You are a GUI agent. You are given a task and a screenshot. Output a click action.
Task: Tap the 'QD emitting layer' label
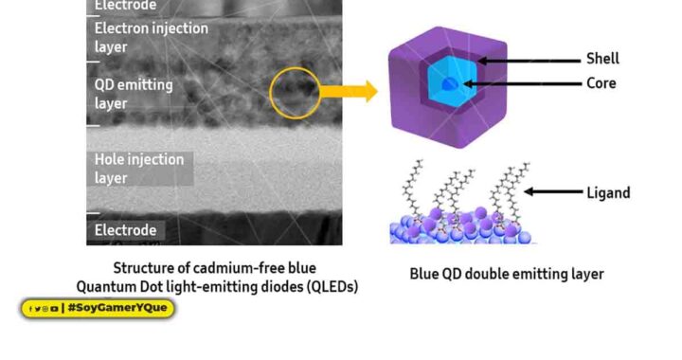pyautogui.click(x=133, y=94)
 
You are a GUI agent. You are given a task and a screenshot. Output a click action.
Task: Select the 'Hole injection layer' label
pyautogui.click(x=138, y=169)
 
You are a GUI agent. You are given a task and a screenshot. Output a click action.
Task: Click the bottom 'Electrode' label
pyautogui.click(x=128, y=230)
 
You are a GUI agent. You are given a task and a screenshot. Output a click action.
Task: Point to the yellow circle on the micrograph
pyautogui.click(x=295, y=93)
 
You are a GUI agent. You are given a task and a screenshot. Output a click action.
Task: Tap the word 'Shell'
pyautogui.click(x=602, y=60)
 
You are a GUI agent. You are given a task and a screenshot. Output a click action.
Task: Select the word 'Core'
pyautogui.click(x=601, y=83)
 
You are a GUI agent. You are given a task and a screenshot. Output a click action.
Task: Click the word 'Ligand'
pyautogui.click(x=608, y=193)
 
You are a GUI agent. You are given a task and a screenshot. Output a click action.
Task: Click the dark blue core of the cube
pyautogui.click(x=454, y=85)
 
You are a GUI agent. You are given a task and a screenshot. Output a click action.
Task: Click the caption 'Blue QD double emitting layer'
pyautogui.click(x=506, y=275)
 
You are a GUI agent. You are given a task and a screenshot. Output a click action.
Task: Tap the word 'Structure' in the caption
pyautogui.click(x=144, y=268)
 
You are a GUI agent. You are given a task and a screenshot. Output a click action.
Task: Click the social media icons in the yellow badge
pyautogui.click(x=43, y=308)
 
